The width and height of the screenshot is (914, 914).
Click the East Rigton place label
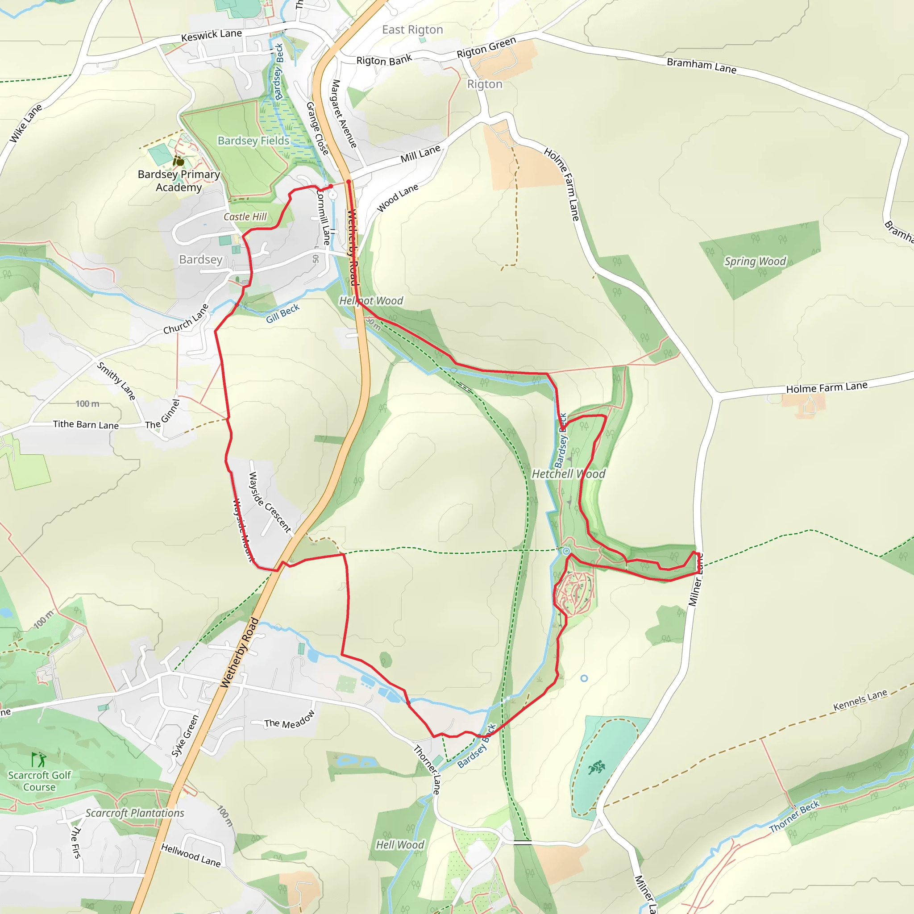point(412,30)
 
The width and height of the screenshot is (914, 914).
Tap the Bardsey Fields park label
point(253,141)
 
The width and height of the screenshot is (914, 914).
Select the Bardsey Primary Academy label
point(179,180)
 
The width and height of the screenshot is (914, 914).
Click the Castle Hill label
point(245,216)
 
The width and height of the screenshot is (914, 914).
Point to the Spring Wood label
point(755,261)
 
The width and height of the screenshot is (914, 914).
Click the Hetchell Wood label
point(568,474)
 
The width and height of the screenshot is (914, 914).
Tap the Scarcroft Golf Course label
point(39,781)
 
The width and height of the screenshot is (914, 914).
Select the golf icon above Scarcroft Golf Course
point(38,760)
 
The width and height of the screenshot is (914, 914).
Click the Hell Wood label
point(400,844)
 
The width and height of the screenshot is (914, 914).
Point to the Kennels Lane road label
point(860,700)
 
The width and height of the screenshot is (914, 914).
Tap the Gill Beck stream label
point(283,313)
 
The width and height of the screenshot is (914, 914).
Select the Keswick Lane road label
point(212,35)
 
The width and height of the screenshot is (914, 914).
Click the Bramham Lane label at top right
point(701,65)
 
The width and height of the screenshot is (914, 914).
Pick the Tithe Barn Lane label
point(86,424)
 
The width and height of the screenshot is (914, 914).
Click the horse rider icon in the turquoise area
point(596,767)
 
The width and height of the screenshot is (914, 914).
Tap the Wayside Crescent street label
point(270,503)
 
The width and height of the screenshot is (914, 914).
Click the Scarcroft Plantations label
point(135,813)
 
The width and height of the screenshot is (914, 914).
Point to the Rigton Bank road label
point(384,60)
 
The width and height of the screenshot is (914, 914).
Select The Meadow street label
point(289,719)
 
